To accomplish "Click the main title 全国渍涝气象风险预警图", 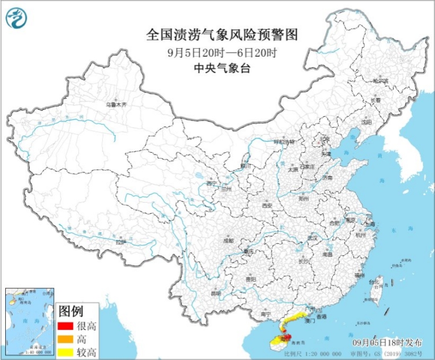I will [222, 35].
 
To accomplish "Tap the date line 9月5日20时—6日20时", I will [222, 52].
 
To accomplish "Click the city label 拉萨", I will [120, 242].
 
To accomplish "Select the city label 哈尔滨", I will [380, 81].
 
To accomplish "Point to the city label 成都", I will [228, 240].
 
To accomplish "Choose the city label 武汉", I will [313, 237].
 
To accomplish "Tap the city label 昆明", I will [216, 293].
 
